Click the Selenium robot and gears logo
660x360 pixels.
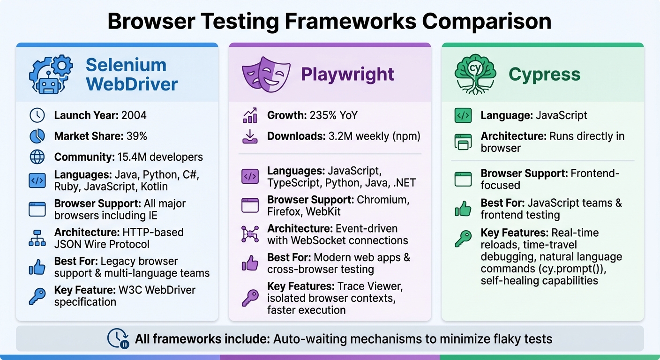click(x=51, y=74)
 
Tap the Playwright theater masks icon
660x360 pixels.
click(x=263, y=74)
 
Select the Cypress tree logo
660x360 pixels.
click(x=475, y=74)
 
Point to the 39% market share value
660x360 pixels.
click(x=136, y=136)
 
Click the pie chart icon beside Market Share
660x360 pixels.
click(x=37, y=136)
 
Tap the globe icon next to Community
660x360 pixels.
click(x=37, y=157)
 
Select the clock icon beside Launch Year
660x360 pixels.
click(x=37, y=115)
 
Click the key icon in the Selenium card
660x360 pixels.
click(x=37, y=296)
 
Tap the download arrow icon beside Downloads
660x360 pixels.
click(x=250, y=136)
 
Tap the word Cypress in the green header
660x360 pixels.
click(x=544, y=74)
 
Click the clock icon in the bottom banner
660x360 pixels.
click(x=118, y=338)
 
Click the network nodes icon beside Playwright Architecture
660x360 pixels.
click(x=250, y=234)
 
